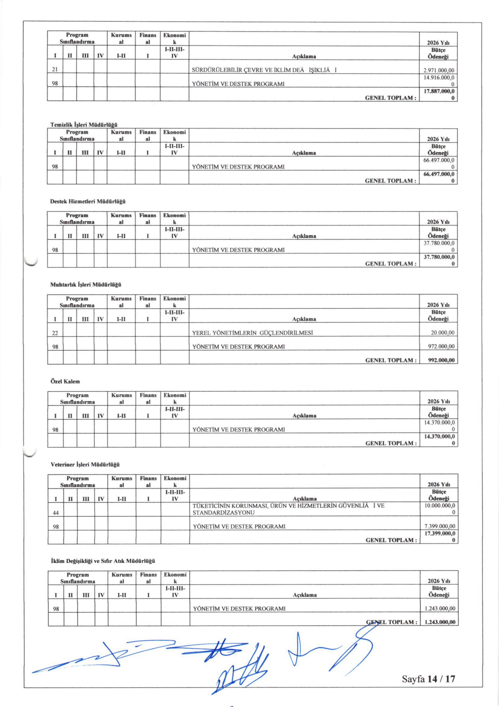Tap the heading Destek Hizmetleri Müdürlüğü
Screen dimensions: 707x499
click(88, 202)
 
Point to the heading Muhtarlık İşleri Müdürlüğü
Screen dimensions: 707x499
click(86, 285)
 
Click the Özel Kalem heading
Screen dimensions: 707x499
click(65, 381)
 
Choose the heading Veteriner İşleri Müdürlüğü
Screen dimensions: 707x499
click(85, 464)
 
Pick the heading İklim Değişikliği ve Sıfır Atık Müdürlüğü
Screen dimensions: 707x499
click(102, 561)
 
